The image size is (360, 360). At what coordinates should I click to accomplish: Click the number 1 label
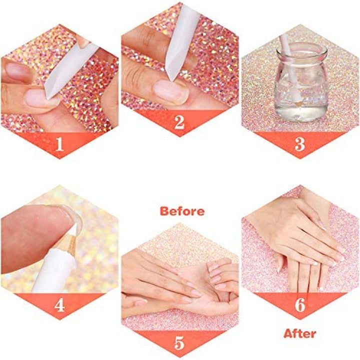[x=60, y=144]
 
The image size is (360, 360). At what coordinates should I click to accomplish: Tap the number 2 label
[x=179, y=122]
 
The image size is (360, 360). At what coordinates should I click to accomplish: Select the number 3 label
[x=299, y=144]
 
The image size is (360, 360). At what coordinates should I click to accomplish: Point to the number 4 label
[x=60, y=304]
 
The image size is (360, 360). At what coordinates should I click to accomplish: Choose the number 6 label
[x=299, y=304]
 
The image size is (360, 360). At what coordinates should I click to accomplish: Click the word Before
[x=182, y=211]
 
